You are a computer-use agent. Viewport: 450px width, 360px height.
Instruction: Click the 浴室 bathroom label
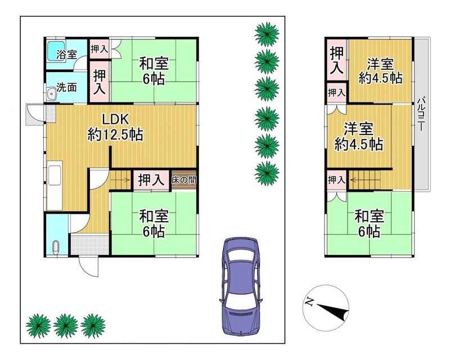[x=66, y=54]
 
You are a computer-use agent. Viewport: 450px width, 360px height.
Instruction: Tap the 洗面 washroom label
[x=66, y=87]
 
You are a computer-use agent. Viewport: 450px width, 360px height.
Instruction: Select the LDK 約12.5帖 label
[x=115, y=127]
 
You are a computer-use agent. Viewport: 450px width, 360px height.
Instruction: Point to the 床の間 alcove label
[x=184, y=181]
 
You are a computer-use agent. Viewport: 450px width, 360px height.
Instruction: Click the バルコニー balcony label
[x=421, y=114]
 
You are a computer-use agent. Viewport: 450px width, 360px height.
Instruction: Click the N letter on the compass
[x=309, y=301]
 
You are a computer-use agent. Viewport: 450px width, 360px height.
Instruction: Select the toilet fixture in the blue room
[x=56, y=247]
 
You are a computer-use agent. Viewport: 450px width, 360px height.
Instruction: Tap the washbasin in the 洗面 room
[x=51, y=93]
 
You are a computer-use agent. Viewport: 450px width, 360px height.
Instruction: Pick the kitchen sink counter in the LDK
[x=55, y=185]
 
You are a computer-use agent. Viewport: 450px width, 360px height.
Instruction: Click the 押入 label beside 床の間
[x=151, y=180]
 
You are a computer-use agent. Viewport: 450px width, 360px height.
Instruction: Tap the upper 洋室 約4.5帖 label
[x=380, y=71]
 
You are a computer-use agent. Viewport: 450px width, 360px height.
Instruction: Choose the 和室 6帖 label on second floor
[x=369, y=224]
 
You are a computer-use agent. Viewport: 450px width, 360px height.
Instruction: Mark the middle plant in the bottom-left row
[x=65, y=325]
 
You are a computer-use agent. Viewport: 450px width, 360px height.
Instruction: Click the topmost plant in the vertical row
[x=267, y=34]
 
